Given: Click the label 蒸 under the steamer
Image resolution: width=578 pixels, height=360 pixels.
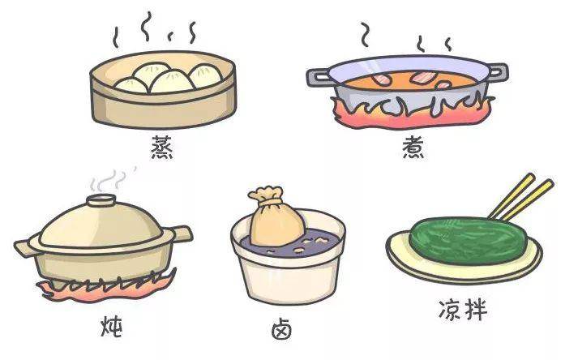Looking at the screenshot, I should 162,148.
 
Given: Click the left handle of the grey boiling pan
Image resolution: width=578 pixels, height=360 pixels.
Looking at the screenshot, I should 318,77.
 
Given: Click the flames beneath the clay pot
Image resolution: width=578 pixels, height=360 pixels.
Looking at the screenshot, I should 103,290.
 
